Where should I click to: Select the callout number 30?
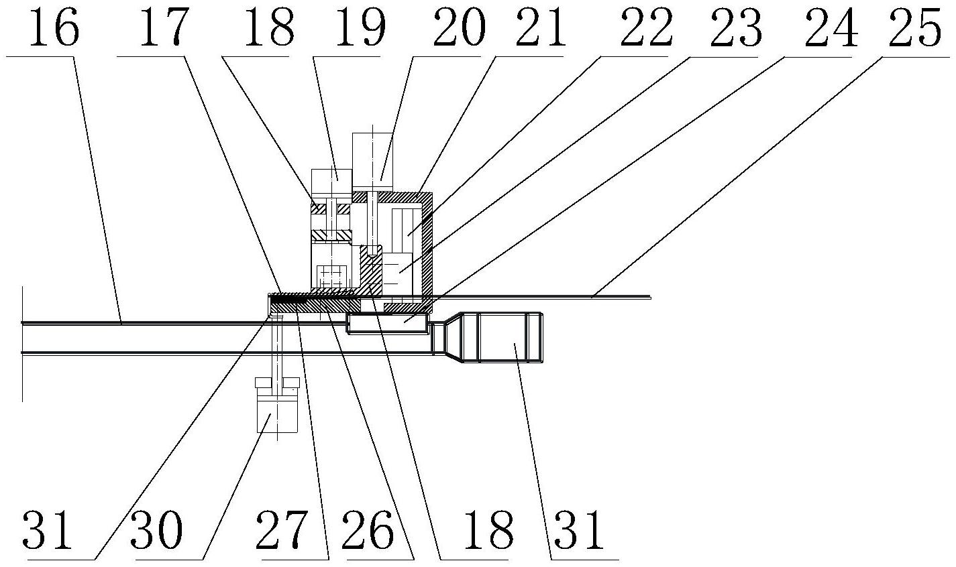pos(158,532)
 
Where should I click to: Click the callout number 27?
pos(286,532)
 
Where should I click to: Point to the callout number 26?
pos(372,532)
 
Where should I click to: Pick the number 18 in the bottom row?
pos(482,532)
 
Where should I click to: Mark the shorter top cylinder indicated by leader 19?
pos(331,181)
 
